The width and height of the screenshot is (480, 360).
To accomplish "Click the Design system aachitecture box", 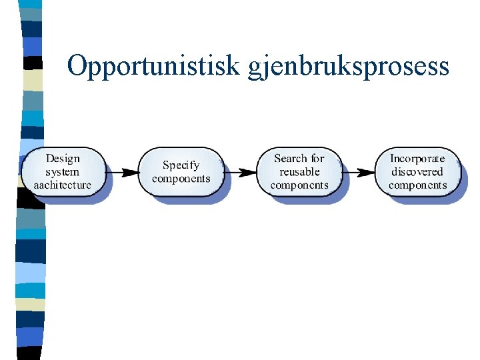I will (63, 172).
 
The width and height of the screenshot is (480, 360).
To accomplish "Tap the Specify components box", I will (181, 172).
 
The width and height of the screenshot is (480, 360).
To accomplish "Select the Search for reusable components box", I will (299, 172).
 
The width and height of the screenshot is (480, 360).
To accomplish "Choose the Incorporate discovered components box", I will (417, 172).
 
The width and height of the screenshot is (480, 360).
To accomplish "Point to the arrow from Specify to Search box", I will (240, 172).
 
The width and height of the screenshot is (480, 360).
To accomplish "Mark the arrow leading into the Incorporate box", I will (359, 172).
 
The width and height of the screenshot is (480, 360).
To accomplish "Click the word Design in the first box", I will (63, 159).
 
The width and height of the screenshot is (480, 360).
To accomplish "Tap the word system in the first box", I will (63, 172).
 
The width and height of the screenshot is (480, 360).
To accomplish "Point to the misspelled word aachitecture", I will (63, 185).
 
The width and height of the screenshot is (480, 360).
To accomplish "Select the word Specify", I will (181, 165).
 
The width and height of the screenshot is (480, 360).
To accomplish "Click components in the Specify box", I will (181, 179).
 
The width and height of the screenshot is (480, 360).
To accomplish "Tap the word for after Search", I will (317, 159).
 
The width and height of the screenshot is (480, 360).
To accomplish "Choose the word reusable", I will (299, 172).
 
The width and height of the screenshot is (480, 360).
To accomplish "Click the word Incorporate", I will (417, 159).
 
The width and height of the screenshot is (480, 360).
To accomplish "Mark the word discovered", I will (417, 172).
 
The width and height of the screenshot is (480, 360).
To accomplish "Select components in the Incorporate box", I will (417, 185).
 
